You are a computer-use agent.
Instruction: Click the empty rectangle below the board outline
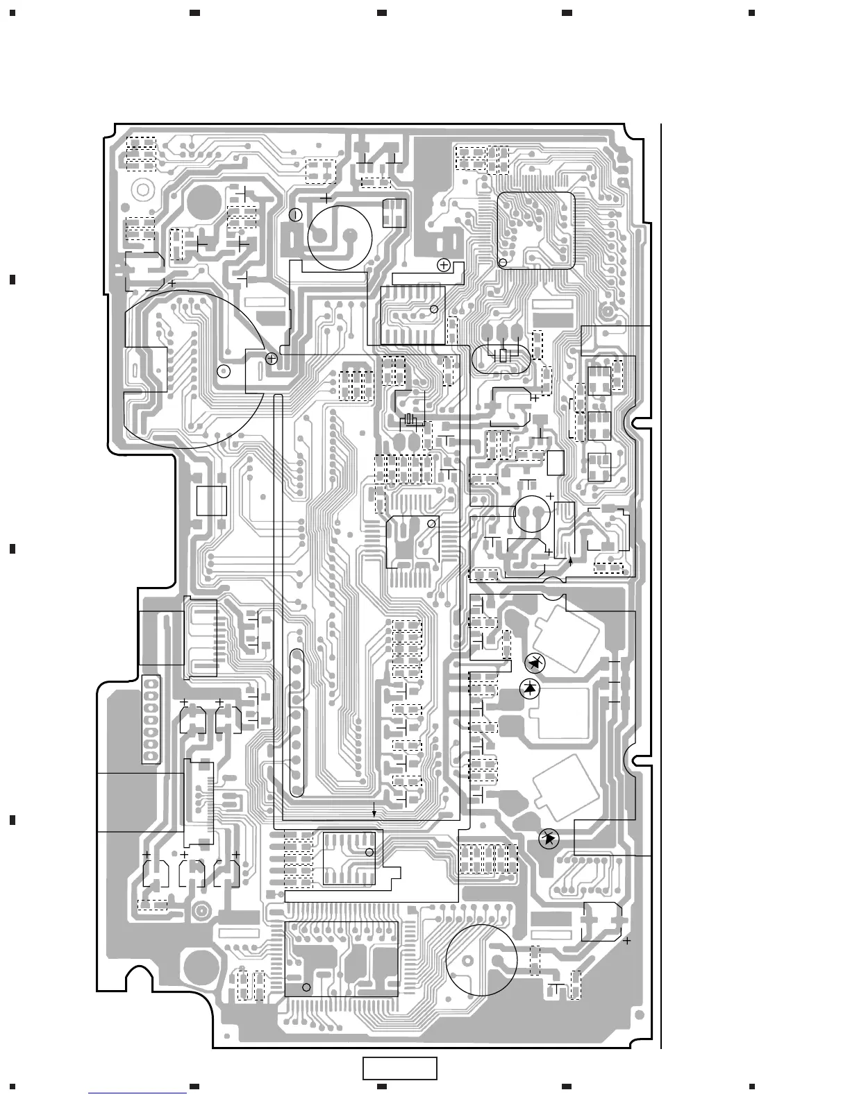[x=399, y=1068]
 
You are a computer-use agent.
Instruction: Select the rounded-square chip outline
[x=536, y=230]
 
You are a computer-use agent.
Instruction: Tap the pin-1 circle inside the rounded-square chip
[x=503, y=263]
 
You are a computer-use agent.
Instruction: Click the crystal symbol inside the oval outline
[x=505, y=357]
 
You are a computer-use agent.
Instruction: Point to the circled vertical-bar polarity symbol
[x=295, y=214]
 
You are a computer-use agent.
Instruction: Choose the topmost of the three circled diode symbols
[x=535, y=663]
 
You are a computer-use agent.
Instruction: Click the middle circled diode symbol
[x=531, y=688]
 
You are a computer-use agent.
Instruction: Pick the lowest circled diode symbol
[x=550, y=839]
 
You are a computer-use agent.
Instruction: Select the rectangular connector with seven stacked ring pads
[x=151, y=719]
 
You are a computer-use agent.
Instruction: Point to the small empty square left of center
[x=211, y=500]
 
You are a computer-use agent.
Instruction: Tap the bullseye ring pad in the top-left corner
[x=142, y=189]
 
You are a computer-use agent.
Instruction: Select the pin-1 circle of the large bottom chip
[x=307, y=987]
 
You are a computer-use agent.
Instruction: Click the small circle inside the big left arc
[x=223, y=371]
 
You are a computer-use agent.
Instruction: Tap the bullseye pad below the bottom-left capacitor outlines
[x=202, y=911]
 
